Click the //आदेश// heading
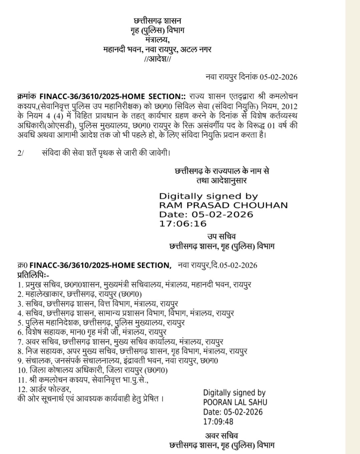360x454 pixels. click(x=157, y=59)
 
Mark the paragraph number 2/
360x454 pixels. click(x=21, y=153)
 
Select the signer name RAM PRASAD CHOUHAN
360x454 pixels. click(x=223, y=205)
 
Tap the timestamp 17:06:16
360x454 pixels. click(x=183, y=223)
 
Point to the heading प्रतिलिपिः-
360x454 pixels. click(x=33, y=275)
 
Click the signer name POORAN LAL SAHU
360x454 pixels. click(x=235, y=402)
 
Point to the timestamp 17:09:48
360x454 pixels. click(x=218, y=421)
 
